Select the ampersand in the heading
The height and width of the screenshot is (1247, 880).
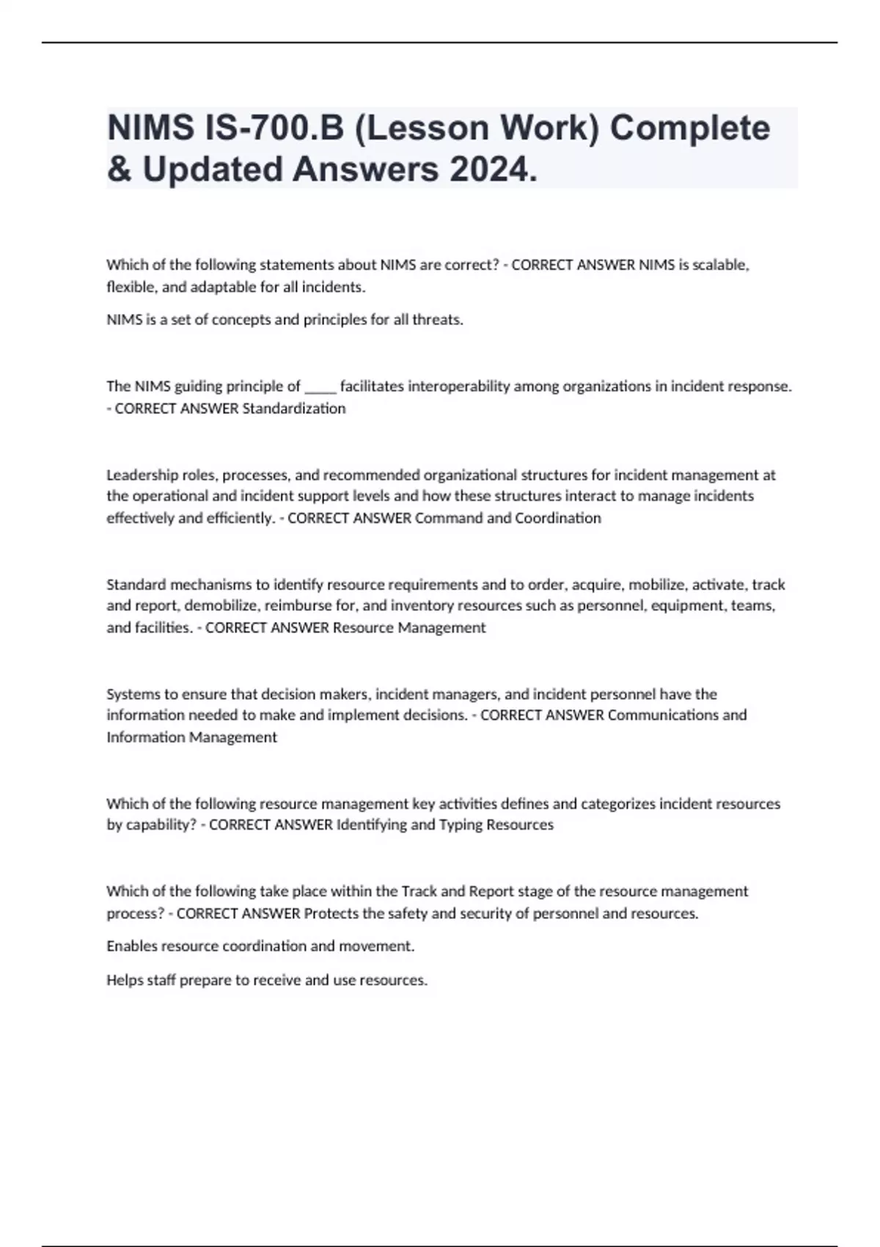coord(117,169)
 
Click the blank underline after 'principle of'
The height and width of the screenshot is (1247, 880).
coord(320,387)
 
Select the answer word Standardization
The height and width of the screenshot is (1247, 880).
coord(293,409)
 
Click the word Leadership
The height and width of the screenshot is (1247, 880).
coord(139,475)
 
